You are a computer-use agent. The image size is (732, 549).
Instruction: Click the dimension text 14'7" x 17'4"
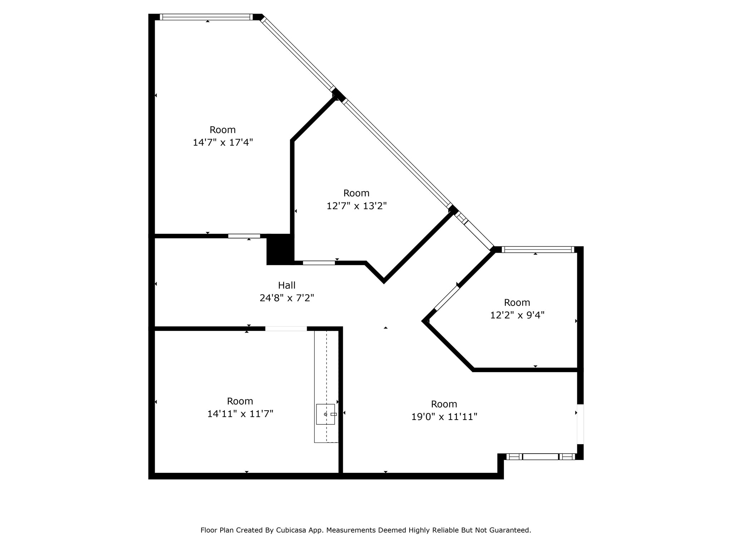tap(223, 143)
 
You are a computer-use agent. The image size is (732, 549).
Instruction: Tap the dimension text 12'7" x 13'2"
tap(356, 206)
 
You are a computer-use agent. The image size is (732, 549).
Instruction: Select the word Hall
tap(287, 285)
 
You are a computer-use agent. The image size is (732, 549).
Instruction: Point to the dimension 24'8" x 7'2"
tap(287, 298)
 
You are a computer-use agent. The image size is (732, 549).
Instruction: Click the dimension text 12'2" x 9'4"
tap(517, 315)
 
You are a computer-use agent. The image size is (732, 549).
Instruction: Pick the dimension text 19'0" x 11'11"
tap(444, 417)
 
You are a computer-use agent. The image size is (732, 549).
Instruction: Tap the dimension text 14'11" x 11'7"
tap(240, 414)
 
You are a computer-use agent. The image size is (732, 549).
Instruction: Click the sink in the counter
tap(326, 414)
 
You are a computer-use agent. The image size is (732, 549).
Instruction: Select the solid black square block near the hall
tap(280, 249)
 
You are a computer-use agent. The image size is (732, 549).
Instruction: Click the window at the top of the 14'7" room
tap(206, 17)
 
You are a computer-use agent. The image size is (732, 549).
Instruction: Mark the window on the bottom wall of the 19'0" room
tap(540, 456)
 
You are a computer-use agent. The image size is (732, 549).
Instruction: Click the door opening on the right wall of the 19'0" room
tap(580, 424)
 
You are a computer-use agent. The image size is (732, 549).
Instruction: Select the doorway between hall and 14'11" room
tap(286, 328)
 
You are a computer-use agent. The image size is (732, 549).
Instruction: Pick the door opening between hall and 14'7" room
tap(244, 236)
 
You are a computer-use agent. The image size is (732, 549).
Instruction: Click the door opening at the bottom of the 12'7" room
tap(319, 263)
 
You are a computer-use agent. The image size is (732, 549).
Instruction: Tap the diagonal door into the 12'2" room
tap(447, 298)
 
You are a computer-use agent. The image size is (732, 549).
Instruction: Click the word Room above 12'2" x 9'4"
tap(517, 302)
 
